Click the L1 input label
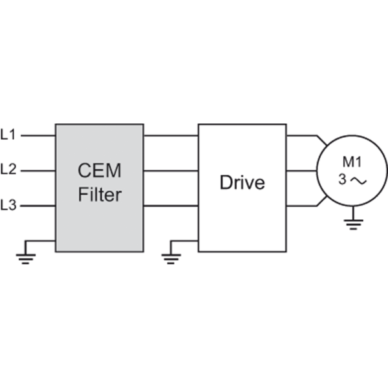click(x=8, y=135)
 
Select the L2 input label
click(x=8, y=171)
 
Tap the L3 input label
click(x=8, y=206)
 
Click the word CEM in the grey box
click(x=100, y=171)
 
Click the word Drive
click(x=242, y=182)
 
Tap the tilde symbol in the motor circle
click(x=359, y=181)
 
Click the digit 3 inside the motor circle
click(x=343, y=180)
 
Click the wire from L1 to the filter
click(x=39, y=136)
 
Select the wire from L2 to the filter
click(x=39, y=171)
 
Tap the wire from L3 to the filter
click(x=39, y=206)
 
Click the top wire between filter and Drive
click(x=171, y=136)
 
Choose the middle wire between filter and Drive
click(x=171, y=171)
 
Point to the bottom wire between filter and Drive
click(x=171, y=206)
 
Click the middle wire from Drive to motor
click(x=301, y=171)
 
